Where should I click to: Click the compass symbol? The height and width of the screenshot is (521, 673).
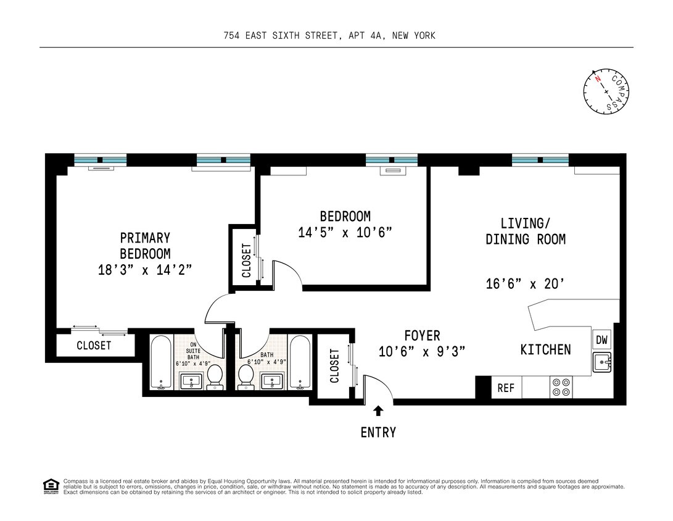[x=606, y=91]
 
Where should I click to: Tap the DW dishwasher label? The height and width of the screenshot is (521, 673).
[x=601, y=340]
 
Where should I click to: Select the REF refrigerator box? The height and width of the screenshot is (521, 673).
[x=506, y=388]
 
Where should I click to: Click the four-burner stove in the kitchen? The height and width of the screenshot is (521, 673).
[x=561, y=387]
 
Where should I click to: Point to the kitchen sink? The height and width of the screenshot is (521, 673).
[x=601, y=362]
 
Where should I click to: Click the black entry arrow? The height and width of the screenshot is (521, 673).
[x=378, y=411]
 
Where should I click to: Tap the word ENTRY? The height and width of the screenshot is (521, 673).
[x=378, y=432]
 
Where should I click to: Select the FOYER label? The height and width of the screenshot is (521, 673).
[x=422, y=336]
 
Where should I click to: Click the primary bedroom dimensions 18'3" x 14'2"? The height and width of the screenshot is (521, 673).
[x=145, y=269]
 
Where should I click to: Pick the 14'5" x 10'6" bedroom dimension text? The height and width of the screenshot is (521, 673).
[x=345, y=232]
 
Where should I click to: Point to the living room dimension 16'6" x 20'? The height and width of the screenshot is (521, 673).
[x=525, y=284]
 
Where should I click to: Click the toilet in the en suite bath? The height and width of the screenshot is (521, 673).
[x=215, y=376]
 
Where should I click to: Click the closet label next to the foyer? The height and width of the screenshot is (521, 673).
[x=335, y=366]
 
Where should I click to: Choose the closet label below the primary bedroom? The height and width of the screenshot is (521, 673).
[x=94, y=346]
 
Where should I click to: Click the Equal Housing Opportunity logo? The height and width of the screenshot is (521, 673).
[x=51, y=486]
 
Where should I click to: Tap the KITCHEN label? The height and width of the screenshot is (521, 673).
[x=545, y=350]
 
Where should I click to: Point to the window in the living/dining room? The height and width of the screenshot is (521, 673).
[x=540, y=160]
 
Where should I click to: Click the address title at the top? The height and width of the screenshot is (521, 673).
[x=329, y=36]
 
